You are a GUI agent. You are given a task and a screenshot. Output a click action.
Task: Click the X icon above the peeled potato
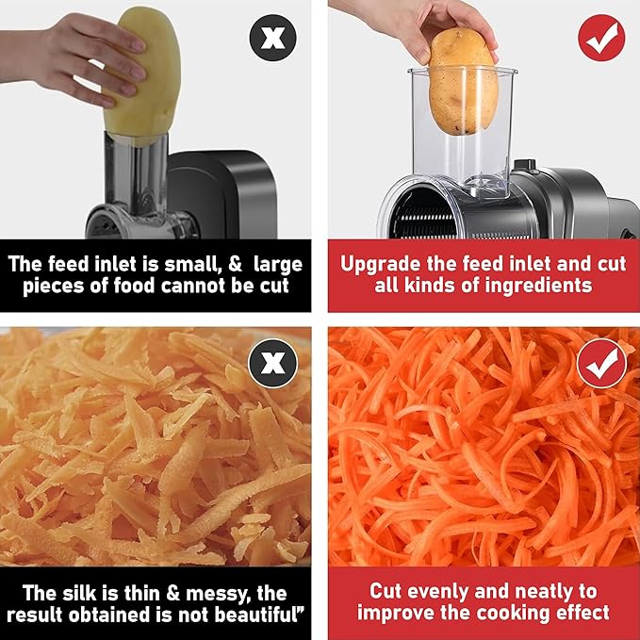[273, 38]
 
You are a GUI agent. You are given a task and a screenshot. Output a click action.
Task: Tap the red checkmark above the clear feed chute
[601, 38]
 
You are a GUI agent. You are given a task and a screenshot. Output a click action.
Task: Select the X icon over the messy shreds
[273, 363]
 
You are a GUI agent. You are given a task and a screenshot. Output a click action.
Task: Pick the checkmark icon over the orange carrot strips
[601, 363]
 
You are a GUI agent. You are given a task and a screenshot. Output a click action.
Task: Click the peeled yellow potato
[143, 75]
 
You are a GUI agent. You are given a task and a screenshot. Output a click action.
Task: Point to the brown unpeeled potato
[463, 81]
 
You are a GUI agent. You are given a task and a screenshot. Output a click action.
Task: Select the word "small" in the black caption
[190, 264]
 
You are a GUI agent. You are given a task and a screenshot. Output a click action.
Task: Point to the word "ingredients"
[535, 287]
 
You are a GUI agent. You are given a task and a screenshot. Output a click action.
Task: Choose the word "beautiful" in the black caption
[256, 615]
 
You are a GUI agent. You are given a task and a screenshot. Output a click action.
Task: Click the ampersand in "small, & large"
[235, 264]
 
